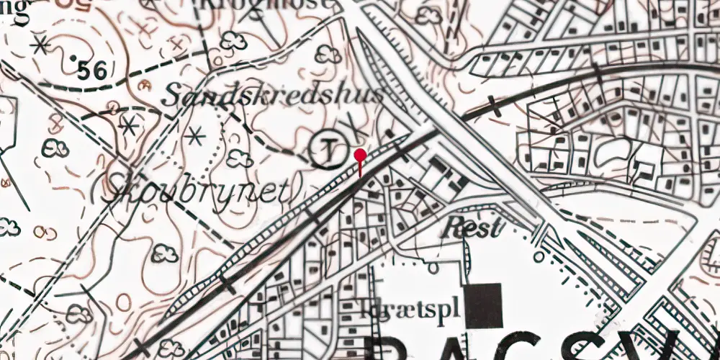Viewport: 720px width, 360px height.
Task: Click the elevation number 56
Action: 93,71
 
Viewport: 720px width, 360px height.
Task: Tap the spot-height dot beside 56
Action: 75,57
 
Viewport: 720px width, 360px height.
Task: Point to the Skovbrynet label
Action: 199,191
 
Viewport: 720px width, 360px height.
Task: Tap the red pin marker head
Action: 360,154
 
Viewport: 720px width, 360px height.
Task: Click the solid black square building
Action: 483,305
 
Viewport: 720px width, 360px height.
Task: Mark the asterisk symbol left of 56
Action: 40,45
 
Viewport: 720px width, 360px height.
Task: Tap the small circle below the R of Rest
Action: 434,267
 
